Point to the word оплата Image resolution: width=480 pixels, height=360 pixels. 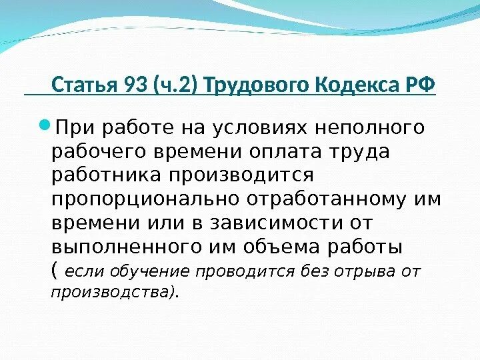pyautogui.click(x=287, y=151)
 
